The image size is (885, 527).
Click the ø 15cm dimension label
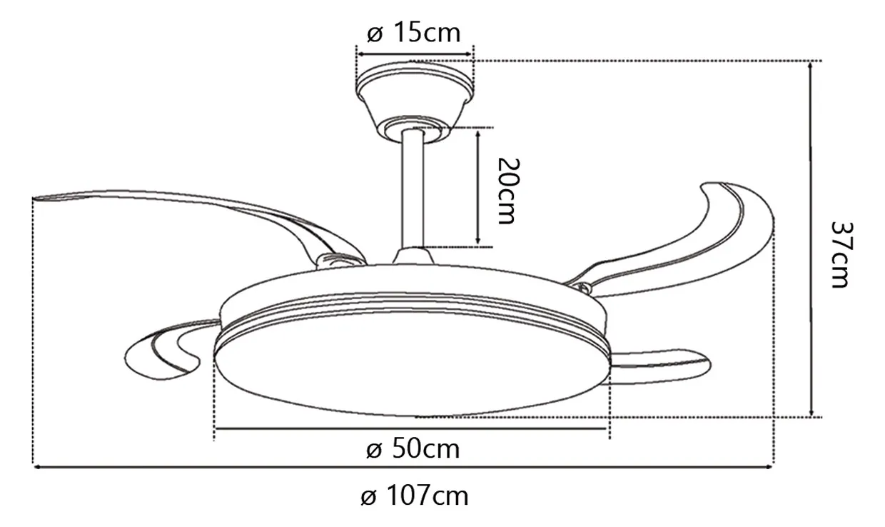(x=414, y=34)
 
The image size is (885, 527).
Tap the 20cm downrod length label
(x=508, y=191)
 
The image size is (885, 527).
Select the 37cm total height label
(x=842, y=255)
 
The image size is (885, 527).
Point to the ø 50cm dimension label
(x=413, y=449)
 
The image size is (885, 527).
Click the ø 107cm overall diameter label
(x=415, y=496)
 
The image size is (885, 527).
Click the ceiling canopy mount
(x=415, y=101)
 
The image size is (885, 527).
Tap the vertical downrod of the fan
(x=413, y=189)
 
